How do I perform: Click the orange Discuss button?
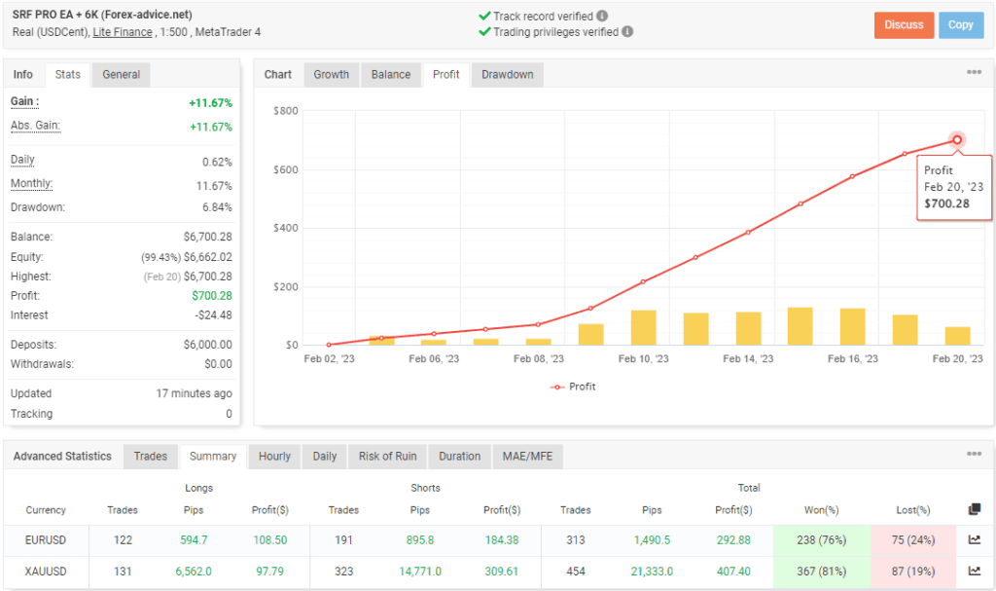[904, 25]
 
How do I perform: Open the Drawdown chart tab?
[507, 75]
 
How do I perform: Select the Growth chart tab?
[331, 75]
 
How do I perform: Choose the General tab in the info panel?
[121, 75]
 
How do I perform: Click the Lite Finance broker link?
[123, 32]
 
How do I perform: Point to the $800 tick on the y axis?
[285, 111]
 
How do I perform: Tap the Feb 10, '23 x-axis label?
[642, 359]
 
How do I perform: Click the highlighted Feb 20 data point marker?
[957, 140]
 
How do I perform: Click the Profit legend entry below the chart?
[574, 387]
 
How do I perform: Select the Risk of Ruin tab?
[387, 457]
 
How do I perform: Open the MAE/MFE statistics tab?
[527, 457]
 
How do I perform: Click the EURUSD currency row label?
[47, 540]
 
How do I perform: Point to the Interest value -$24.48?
[210, 315]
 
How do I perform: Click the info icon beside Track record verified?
[602, 17]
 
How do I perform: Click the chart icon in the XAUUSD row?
[975, 572]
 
